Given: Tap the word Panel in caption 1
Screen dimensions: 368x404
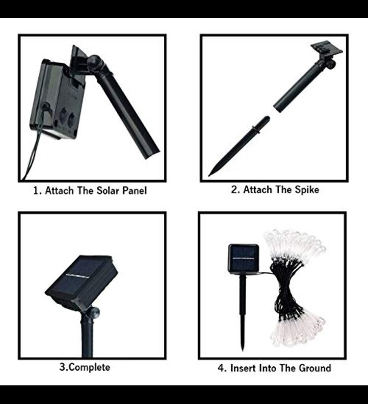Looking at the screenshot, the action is [x=134, y=190].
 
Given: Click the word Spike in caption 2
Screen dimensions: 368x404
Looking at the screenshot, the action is [x=307, y=190].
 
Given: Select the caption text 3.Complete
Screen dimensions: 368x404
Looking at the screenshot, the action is [x=85, y=367].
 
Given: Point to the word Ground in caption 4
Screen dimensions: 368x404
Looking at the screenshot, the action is [x=315, y=368].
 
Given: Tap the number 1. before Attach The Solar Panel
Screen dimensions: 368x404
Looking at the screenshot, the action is [x=37, y=190].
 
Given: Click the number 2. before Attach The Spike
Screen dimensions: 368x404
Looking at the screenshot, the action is [x=235, y=190].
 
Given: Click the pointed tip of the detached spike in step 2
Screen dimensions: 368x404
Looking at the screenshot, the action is [x=209, y=176].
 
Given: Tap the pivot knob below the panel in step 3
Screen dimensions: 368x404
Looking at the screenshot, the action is [x=95, y=312].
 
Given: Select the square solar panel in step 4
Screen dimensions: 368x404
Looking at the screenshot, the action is [x=243, y=259].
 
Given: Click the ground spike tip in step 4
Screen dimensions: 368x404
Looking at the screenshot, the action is [x=242, y=349].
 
